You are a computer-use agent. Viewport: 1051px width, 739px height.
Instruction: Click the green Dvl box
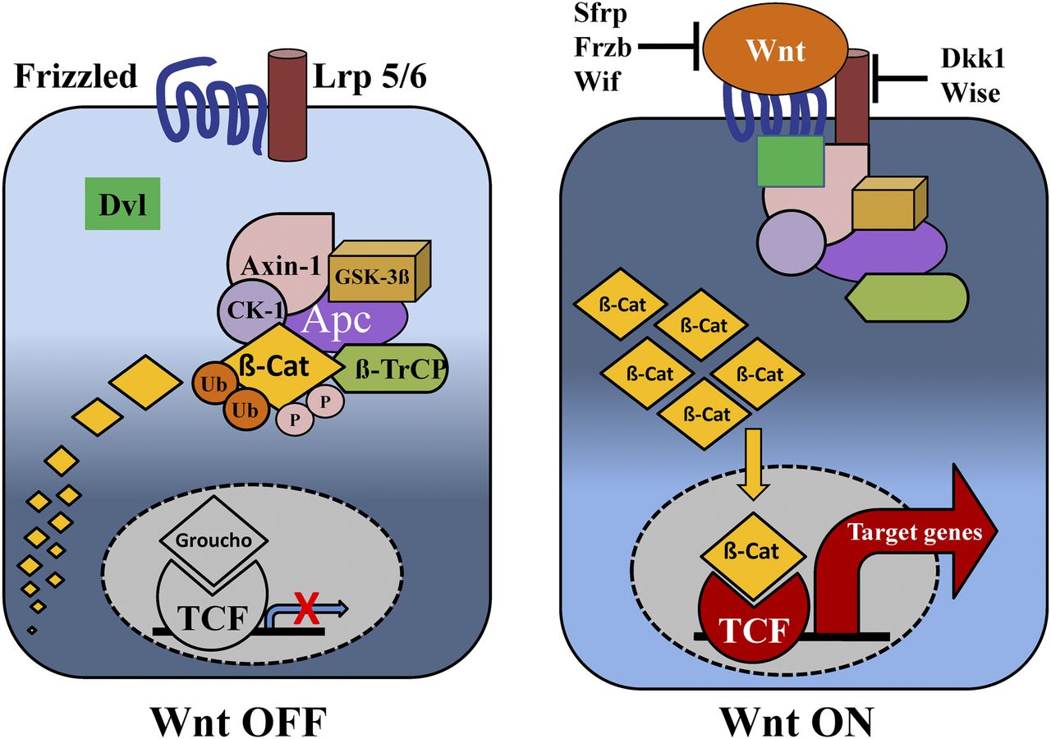click(121, 204)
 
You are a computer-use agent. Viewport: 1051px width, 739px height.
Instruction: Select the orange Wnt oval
click(773, 50)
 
